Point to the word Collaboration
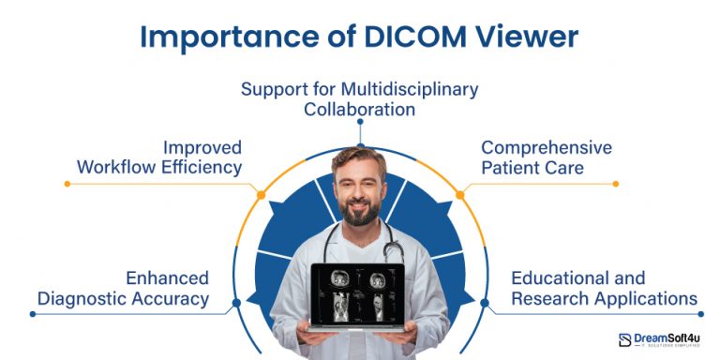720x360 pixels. pos(359,109)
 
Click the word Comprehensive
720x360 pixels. pos(547,148)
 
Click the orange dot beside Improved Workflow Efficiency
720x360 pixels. pos(260,195)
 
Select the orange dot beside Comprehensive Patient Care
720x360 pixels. pos(459,195)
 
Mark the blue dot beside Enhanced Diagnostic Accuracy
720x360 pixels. pos(235,302)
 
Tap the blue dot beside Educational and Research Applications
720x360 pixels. pos(484,302)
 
